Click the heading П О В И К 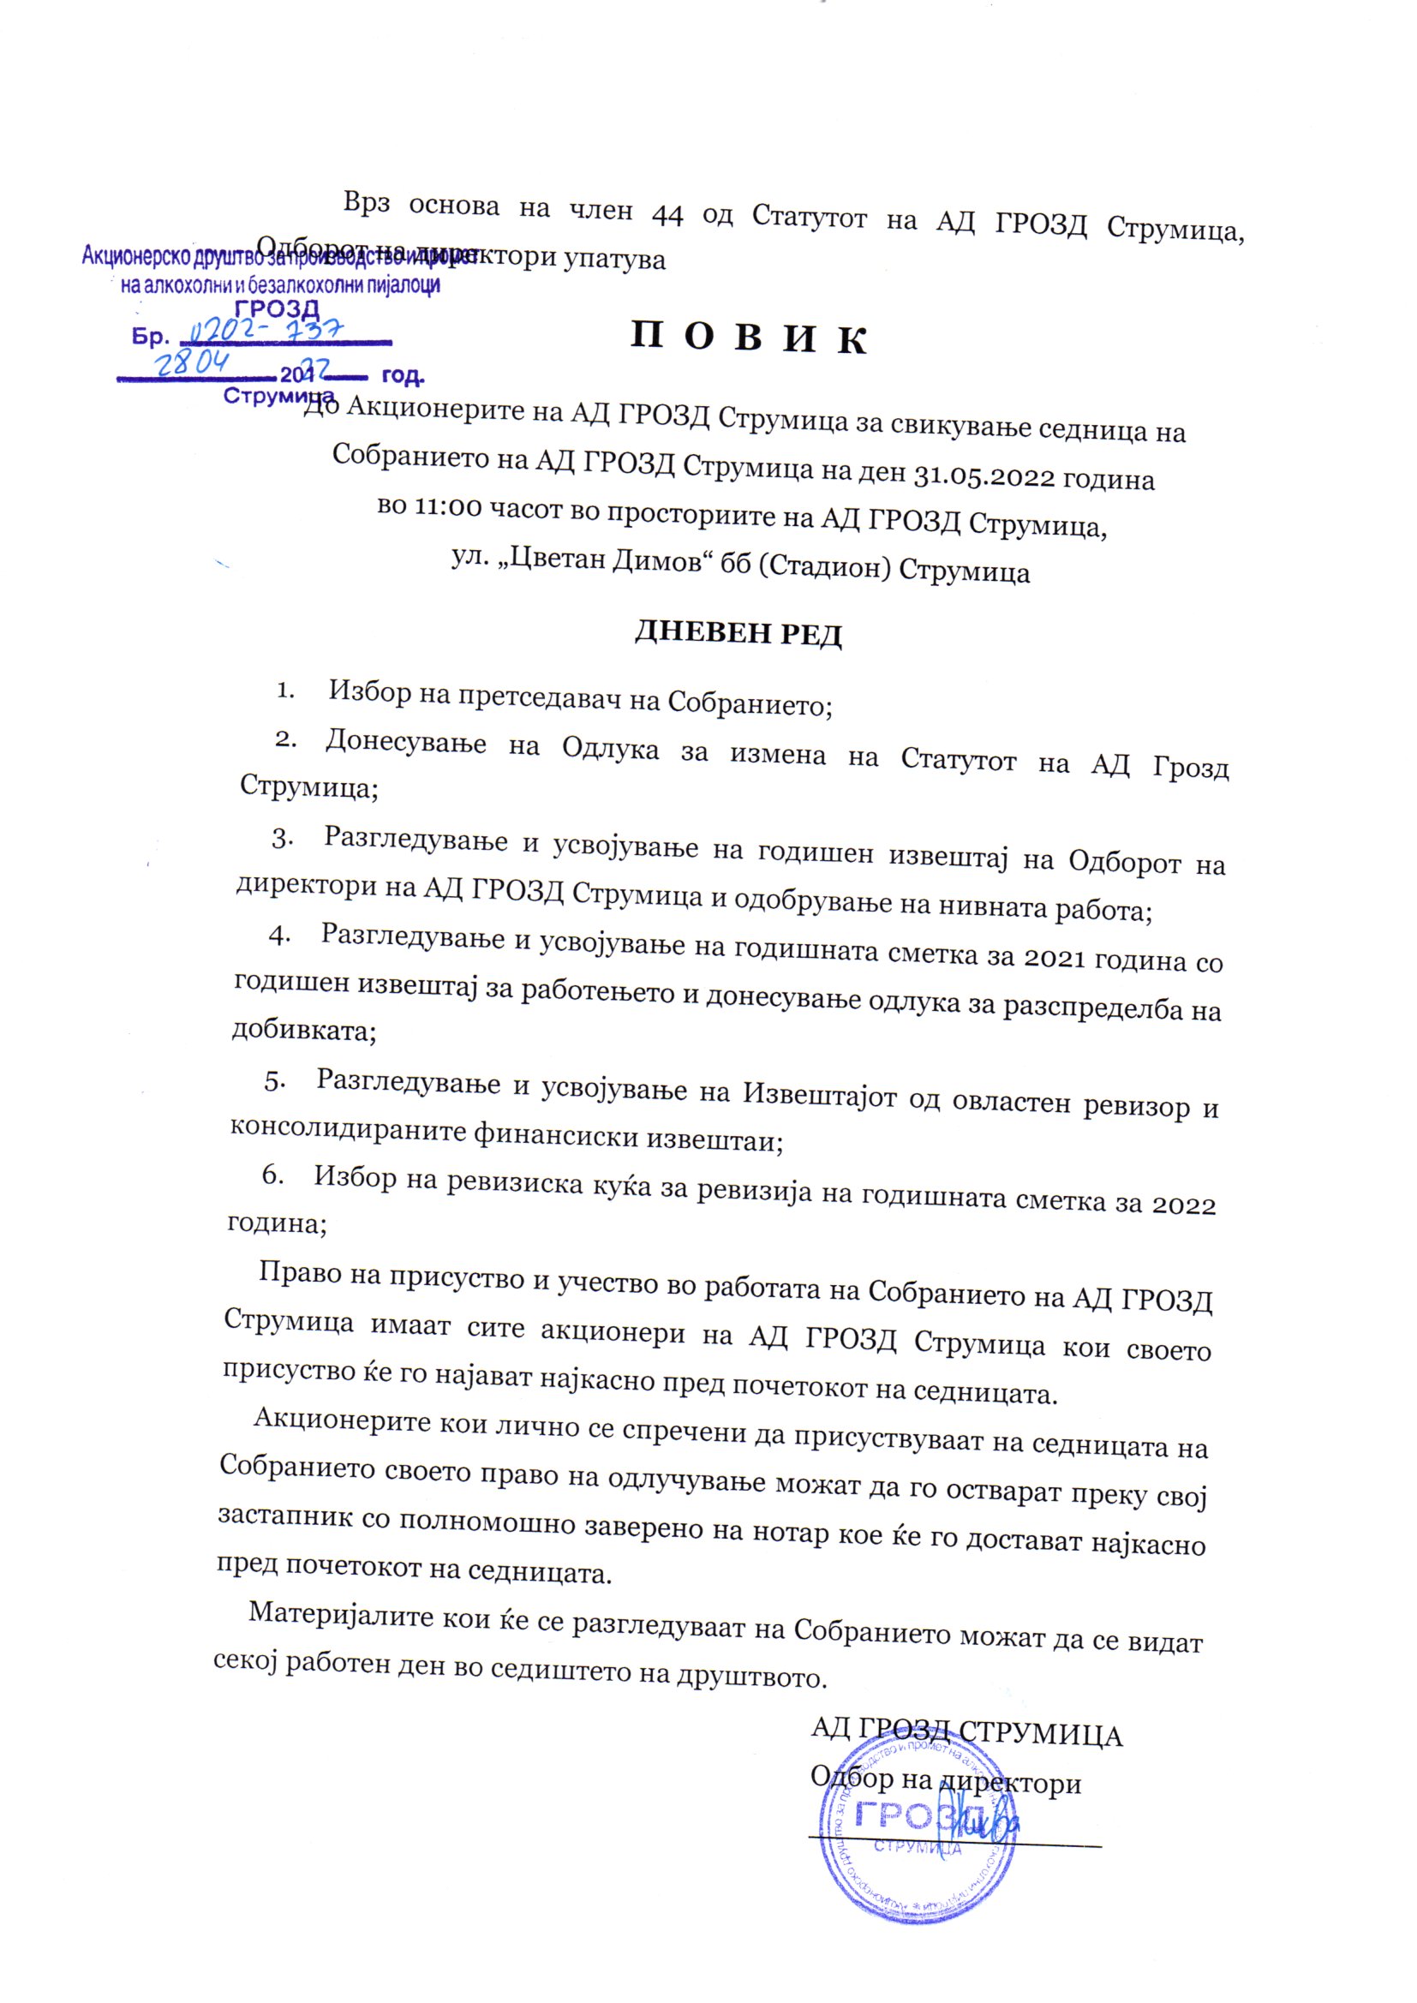pyautogui.click(x=748, y=338)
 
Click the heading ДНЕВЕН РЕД pyautogui.click(x=738, y=632)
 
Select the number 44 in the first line pyautogui.click(x=667, y=214)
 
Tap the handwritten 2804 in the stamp pyautogui.click(x=193, y=362)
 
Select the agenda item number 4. pyautogui.click(x=278, y=935)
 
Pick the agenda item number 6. pyautogui.click(x=272, y=1175)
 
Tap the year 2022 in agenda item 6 pyautogui.click(x=1184, y=1205)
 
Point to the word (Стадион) pyautogui.click(x=823, y=568)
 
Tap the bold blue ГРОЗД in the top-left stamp pyautogui.click(x=278, y=308)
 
